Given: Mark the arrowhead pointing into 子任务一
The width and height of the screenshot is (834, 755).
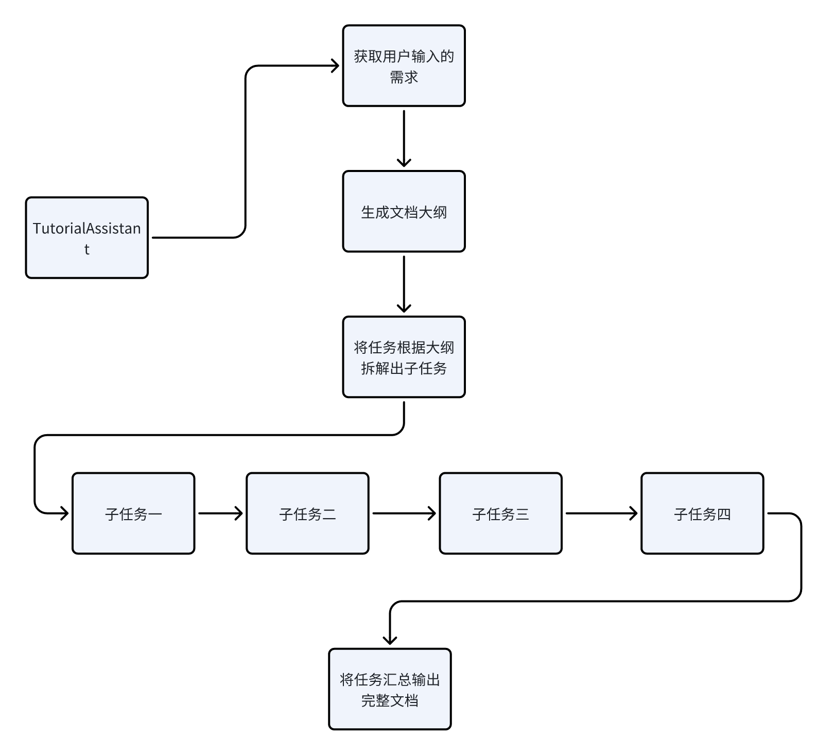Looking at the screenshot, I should pos(64,513).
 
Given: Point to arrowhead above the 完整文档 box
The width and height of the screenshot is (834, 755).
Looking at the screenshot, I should pos(390,639).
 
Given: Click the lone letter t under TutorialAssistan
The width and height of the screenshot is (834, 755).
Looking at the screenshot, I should pos(86,249).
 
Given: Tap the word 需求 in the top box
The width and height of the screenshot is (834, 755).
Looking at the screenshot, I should pos(404,77).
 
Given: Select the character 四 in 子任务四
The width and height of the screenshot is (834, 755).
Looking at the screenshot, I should pos(724,514).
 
